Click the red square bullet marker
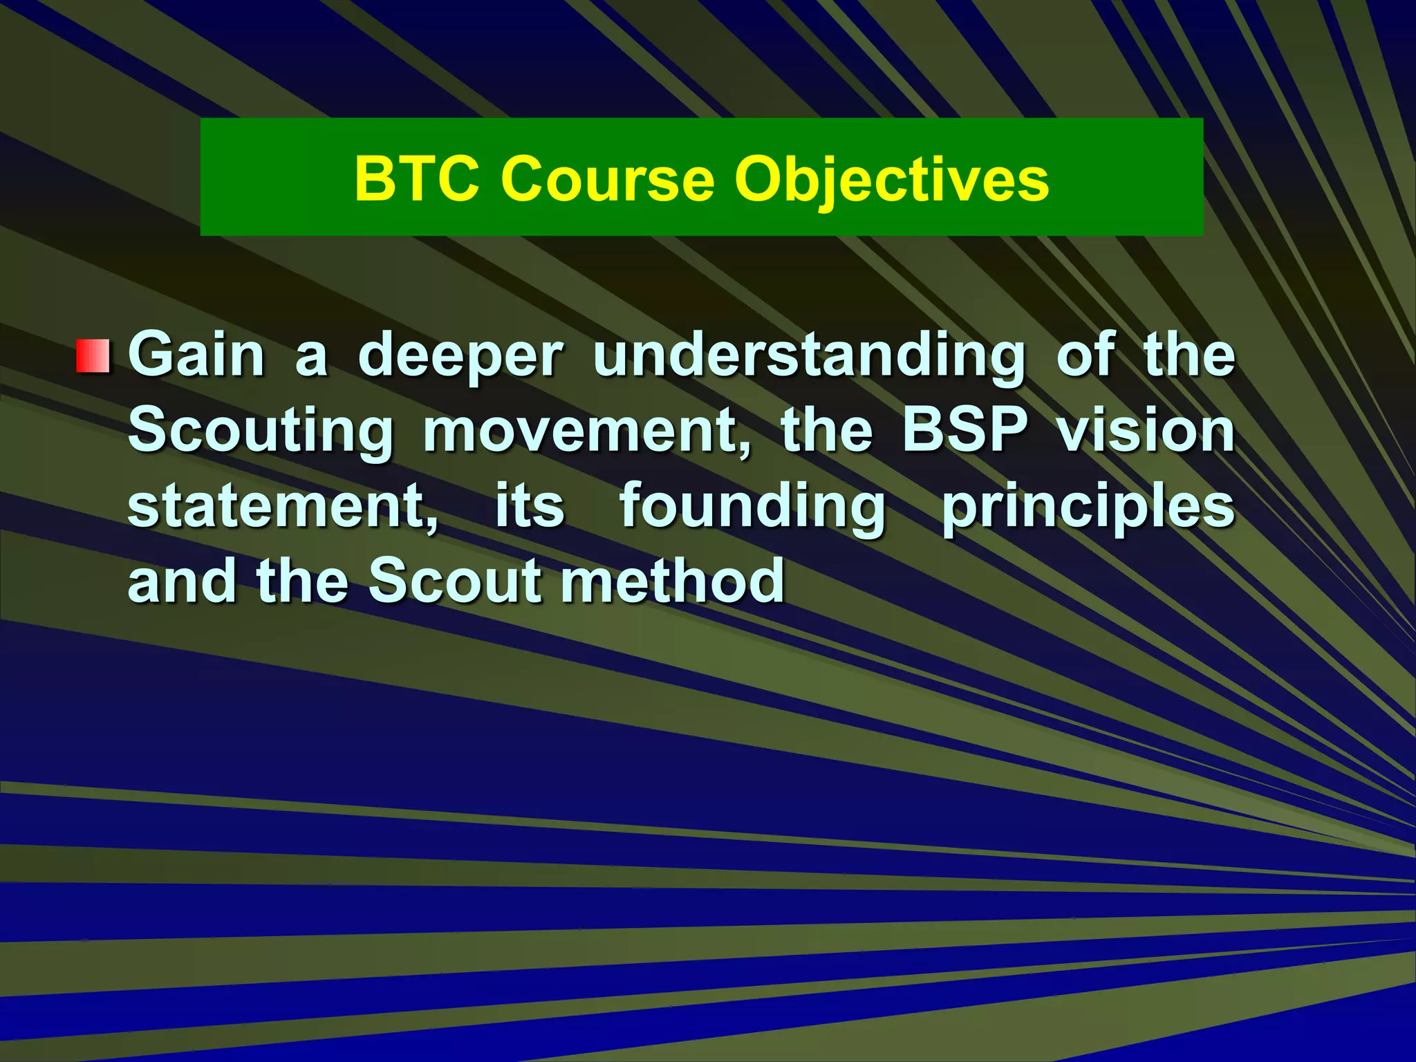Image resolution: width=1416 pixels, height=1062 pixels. pos(93,357)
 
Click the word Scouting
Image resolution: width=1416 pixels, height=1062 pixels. pos(261,432)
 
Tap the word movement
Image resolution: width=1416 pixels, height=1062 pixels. pos(586,432)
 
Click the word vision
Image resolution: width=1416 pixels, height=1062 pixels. pos(1146,430)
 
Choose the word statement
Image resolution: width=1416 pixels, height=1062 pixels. pos(283,507)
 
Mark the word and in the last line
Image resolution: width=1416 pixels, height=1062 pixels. pos(181,581)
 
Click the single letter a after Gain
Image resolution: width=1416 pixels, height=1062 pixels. pos(311,358)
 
